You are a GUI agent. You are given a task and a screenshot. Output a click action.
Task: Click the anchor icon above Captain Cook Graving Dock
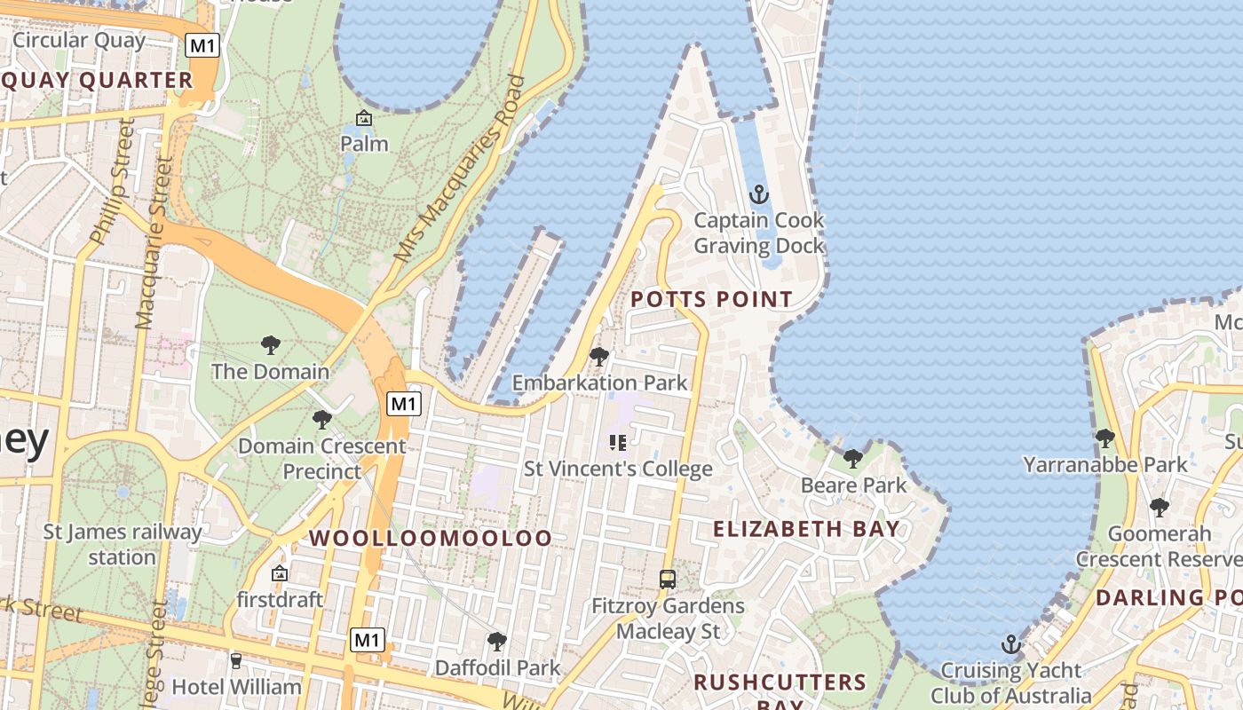(758, 194)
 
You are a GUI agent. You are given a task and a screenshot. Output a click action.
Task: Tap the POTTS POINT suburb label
(711, 300)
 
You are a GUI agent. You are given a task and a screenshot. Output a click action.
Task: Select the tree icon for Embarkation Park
(599, 357)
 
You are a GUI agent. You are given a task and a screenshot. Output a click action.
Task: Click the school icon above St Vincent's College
(618, 442)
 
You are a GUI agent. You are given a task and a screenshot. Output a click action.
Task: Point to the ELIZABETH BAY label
(806, 529)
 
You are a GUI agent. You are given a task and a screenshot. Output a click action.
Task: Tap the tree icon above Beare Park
(852, 459)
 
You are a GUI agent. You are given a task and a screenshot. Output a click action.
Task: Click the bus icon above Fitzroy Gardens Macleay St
(668, 580)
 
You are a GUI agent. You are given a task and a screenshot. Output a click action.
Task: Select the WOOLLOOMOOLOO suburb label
(430, 538)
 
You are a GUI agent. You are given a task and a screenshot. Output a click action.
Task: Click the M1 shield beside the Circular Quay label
(202, 45)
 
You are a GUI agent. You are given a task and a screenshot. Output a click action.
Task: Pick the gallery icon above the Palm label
(364, 118)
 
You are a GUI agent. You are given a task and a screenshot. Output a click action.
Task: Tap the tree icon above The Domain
(270, 345)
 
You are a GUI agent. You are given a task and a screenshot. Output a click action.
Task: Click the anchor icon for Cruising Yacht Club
(1010, 644)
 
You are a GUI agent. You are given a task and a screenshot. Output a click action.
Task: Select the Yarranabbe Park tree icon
(1104, 438)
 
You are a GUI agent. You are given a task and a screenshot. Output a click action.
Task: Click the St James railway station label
(123, 545)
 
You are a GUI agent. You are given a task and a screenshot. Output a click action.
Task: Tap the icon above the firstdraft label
(280, 574)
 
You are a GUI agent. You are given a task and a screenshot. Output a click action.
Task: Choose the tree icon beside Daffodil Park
(497, 641)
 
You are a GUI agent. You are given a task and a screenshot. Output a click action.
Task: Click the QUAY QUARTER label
(97, 81)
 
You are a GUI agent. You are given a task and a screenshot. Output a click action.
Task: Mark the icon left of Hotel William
(235, 661)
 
